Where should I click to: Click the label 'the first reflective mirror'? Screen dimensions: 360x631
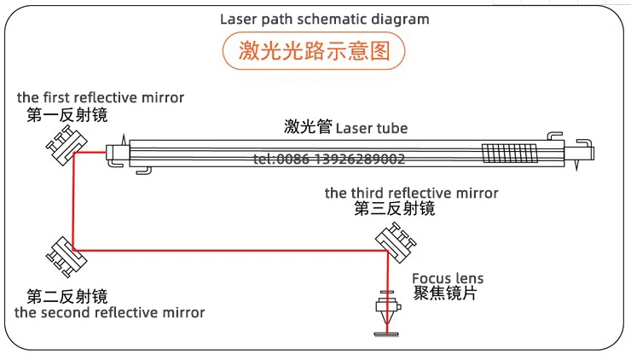[101, 97]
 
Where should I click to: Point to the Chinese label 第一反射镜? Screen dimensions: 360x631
[67, 115]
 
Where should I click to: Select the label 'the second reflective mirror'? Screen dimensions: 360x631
[110, 312]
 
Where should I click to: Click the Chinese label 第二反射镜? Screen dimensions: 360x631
[67, 296]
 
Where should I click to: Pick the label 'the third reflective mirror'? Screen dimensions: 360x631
[412, 193]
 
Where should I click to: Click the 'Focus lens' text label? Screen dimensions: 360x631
[448, 278]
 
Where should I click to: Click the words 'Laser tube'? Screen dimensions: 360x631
[372, 129]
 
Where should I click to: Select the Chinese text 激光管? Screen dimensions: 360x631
[308, 128]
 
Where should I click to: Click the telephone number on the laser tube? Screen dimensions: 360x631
[330, 159]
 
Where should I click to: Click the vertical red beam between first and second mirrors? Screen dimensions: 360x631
[74, 201]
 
